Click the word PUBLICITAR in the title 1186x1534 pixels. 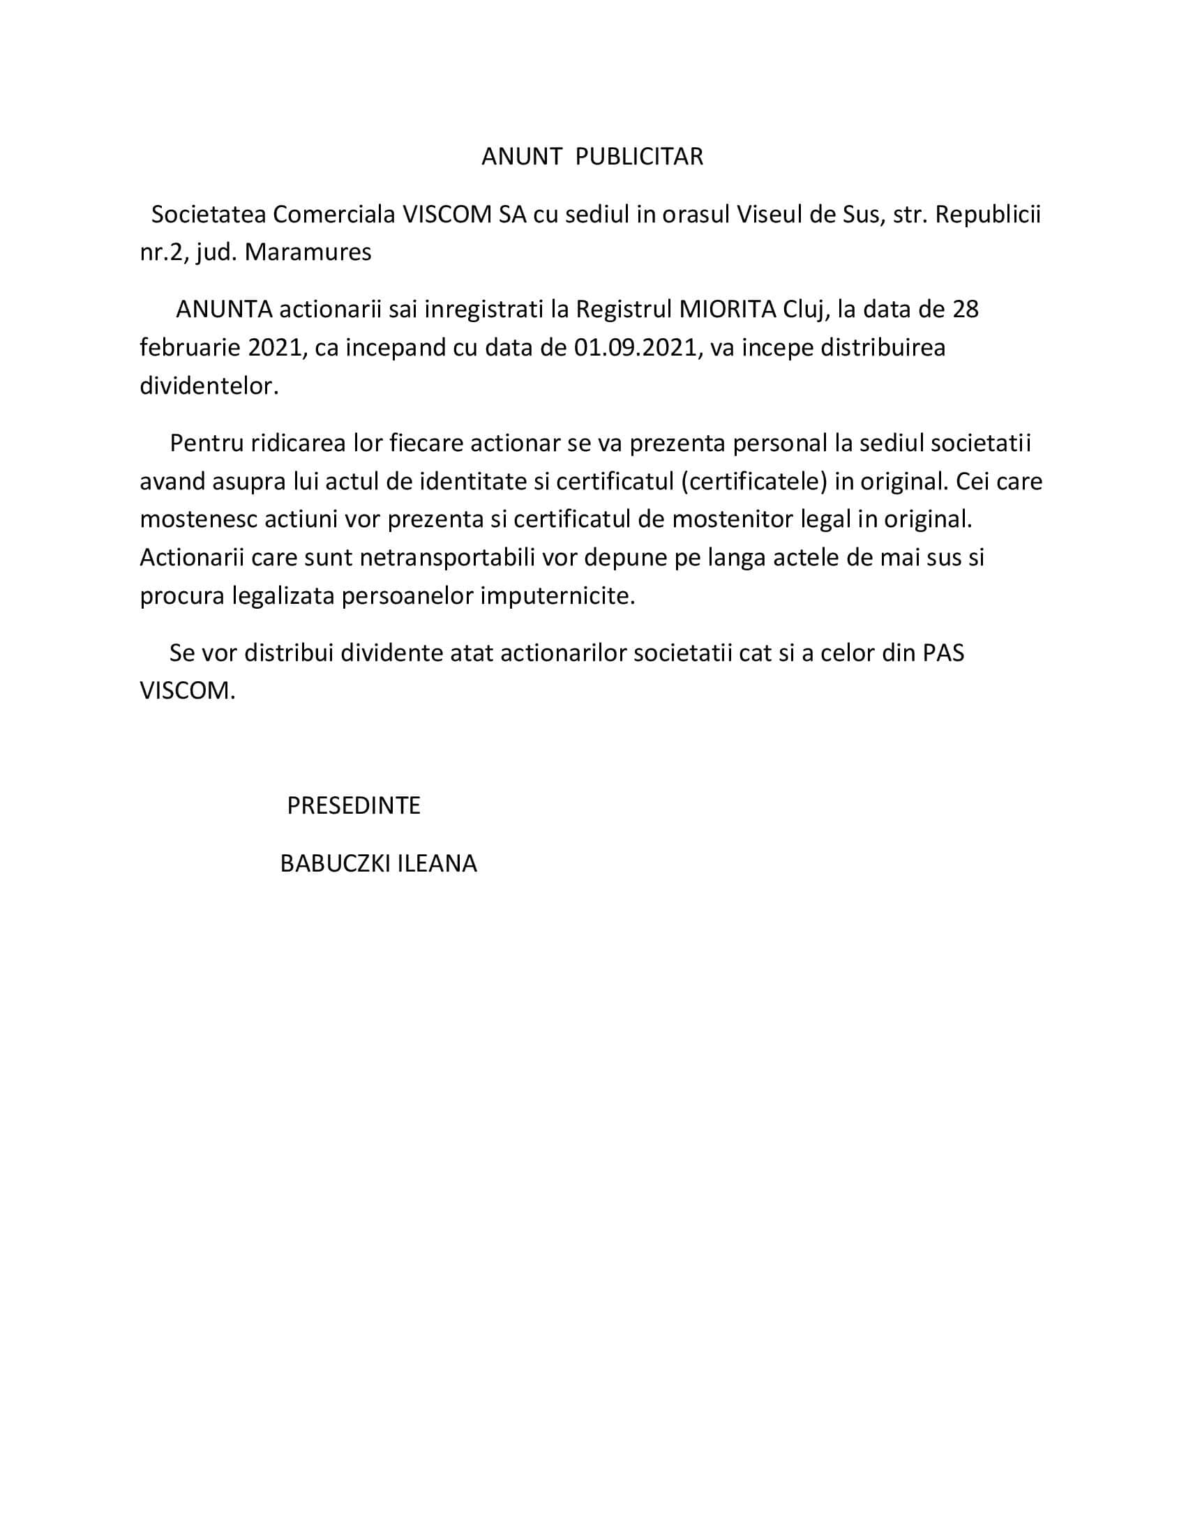[x=638, y=157]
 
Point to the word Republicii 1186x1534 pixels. [x=987, y=214]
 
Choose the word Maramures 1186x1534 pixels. [x=308, y=252]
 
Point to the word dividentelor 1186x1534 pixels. [x=209, y=386]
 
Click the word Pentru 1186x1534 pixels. [x=204, y=444]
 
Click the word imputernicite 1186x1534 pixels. [x=557, y=595]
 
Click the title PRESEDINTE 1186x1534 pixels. [x=354, y=805]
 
